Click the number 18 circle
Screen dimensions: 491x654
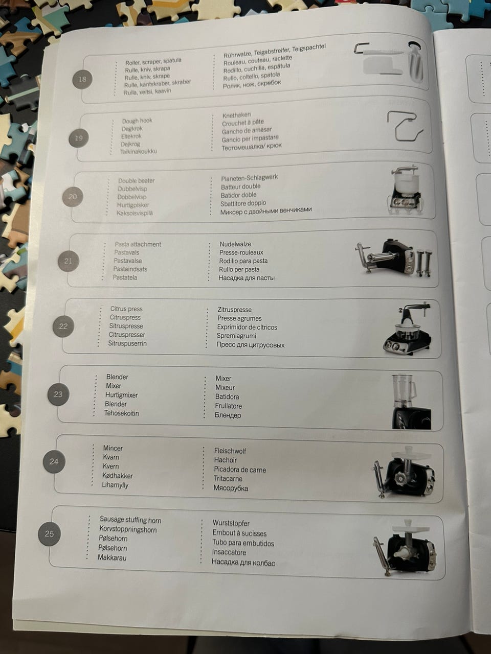[82, 79]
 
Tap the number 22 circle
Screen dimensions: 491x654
[63, 326]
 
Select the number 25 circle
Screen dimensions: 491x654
[49, 533]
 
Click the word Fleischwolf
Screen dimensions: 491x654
[230, 451]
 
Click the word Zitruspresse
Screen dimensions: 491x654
[234, 310]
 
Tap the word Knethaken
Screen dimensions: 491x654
[236, 115]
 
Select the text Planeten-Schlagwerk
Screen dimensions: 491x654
[249, 178]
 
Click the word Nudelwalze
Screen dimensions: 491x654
[235, 244]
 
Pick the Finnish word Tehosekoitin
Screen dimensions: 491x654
[121, 413]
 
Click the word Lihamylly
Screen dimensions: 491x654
[115, 485]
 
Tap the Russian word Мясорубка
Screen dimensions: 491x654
[231, 488]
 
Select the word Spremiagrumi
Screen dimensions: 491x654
[236, 336]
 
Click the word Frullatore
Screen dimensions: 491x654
[228, 406]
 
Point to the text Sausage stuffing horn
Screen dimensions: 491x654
[130, 520]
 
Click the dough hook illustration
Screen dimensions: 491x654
[405, 126]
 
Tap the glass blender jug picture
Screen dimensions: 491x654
[404, 391]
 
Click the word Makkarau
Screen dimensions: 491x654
[112, 557]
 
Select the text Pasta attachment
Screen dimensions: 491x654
[138, 244]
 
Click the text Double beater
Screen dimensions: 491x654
[136, 181]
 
